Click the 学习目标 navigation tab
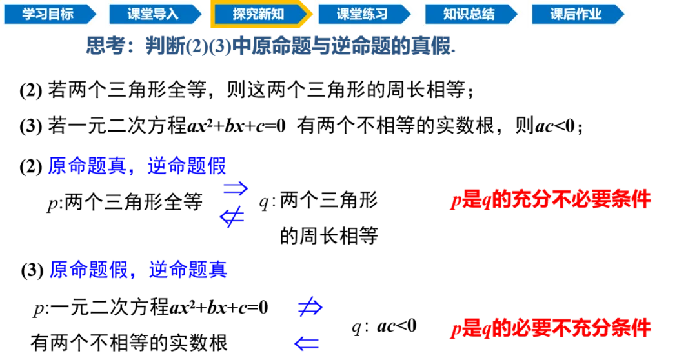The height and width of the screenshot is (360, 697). [x=48, y=14]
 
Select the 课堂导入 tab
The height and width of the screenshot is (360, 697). [x=153, y=14]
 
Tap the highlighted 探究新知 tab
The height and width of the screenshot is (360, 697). [x=258, y=14]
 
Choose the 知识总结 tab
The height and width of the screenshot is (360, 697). [x=469, y=14]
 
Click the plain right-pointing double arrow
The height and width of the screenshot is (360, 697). [x=236, y=188]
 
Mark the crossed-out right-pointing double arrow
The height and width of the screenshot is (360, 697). [x=310, y=308]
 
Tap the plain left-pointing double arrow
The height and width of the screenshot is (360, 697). [x=307, y=344]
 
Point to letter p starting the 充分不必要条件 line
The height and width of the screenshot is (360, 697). [x=454, y=201]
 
